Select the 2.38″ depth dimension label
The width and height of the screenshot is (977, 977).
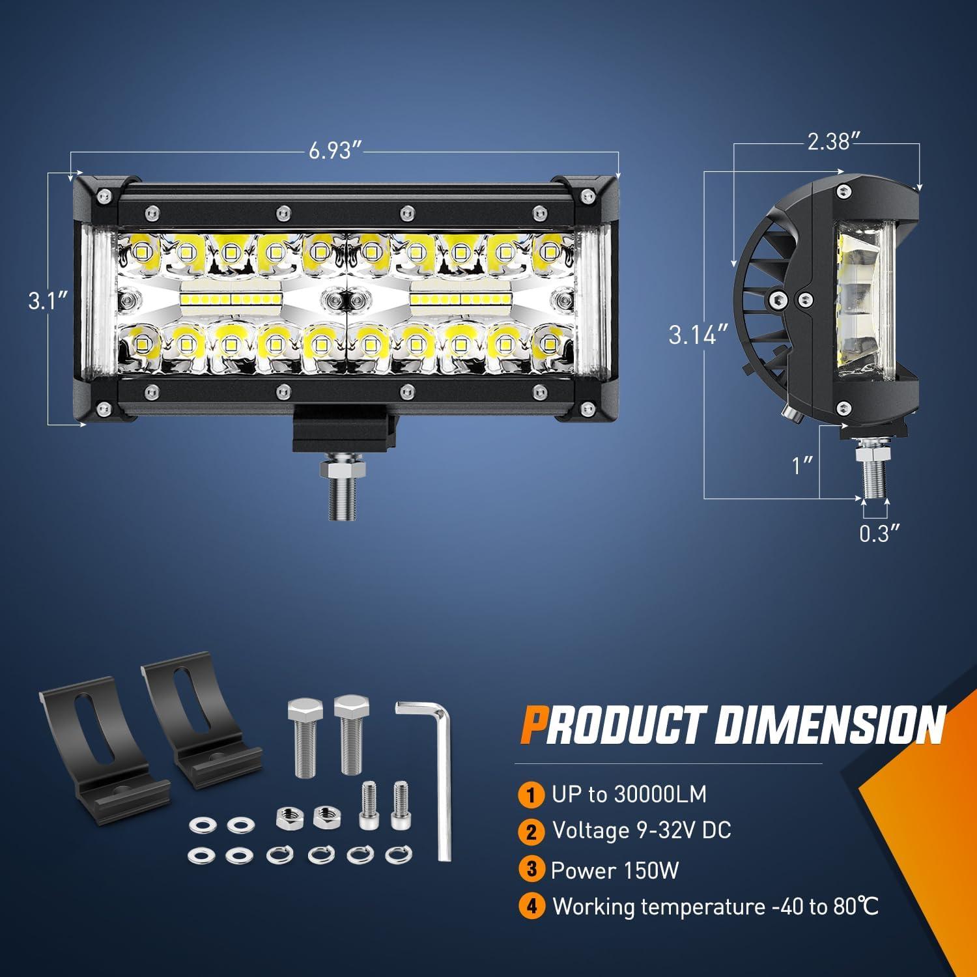(828, 141)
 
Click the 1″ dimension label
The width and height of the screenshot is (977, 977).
(802, 465)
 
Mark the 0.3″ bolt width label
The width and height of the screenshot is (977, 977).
(879, 533)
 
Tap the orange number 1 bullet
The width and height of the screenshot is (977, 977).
(531, 795)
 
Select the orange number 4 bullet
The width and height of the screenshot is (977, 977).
(531, 906)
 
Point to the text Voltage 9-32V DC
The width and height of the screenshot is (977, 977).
(642, 830)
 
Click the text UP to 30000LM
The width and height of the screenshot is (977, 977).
(629, 794)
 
